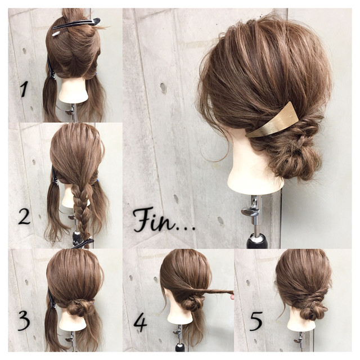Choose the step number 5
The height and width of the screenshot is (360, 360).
(x=256, y=321)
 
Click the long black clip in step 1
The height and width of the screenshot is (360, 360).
(x=76, y=24)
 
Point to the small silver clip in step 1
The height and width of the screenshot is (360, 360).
(x=56, y=34)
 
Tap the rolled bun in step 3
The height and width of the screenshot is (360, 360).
(x=79, y=308)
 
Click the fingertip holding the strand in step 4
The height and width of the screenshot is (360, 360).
(x=232, y=298)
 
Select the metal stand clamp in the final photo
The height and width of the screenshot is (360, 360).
(x=251, y=211)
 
